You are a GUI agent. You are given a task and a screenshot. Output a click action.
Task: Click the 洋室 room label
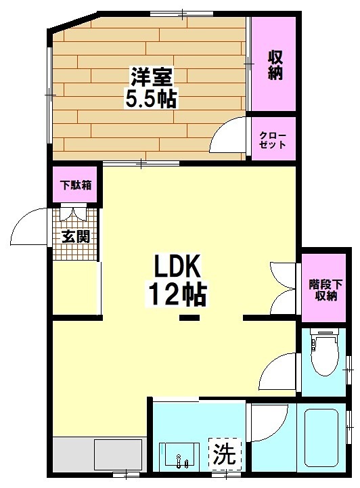click(150, 74)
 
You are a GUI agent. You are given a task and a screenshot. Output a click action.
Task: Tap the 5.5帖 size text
click(150, 99)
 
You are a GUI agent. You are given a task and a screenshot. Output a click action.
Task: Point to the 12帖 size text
click(177, 294)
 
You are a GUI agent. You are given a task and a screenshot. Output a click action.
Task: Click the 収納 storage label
click(274, 66)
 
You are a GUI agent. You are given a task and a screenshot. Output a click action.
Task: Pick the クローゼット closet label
click(273, 140)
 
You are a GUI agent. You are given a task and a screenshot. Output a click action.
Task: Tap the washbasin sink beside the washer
click(179, 457)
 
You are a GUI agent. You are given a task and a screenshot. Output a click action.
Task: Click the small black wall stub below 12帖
click(189, 317)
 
